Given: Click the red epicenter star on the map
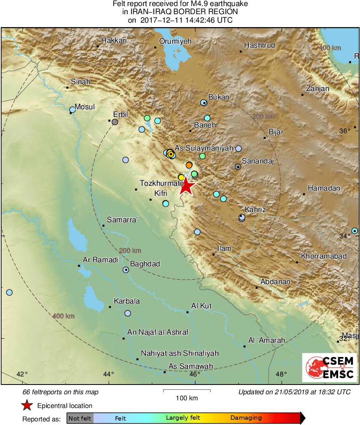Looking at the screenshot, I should [186, 187].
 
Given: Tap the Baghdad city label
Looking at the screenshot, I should [145, 264].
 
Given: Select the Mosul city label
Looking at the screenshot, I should [85, 107].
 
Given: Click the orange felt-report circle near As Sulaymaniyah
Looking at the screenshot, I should [189, 165].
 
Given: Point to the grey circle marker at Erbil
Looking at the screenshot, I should [115, 121].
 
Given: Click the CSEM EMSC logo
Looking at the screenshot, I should [329, 367].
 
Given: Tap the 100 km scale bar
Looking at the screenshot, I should [187, 391].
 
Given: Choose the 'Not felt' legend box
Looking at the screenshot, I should [80, 418].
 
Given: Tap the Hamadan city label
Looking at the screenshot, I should [324, 188].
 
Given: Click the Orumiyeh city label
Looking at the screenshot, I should [175, 41].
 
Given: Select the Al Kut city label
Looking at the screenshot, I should [201, 306].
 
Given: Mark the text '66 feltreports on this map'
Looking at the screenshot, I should [60, 392].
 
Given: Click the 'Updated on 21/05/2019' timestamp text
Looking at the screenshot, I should [294, 392].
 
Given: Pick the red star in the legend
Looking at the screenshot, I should [27, 405].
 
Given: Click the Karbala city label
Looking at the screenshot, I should [127, 301].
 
